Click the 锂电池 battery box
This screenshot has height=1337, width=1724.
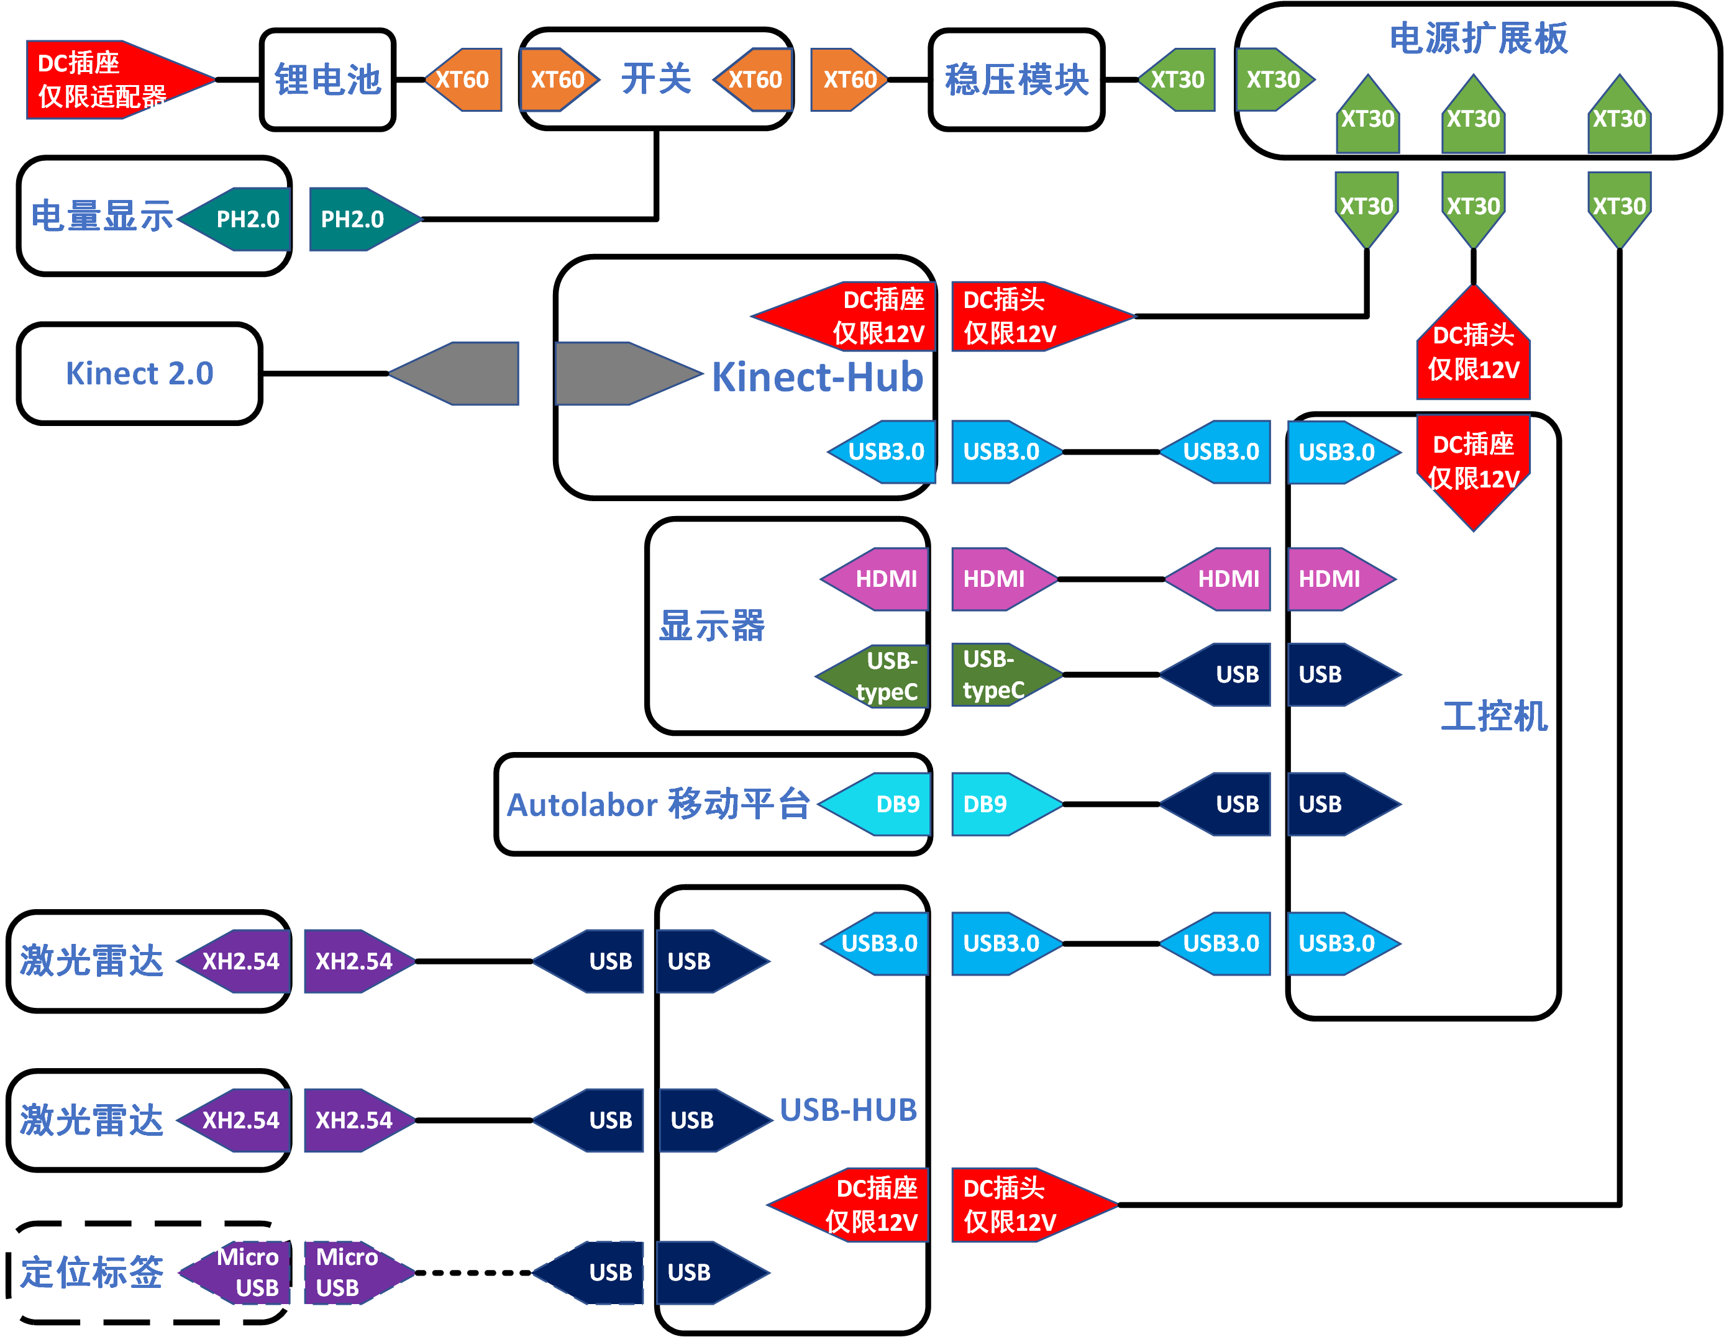[x=327, y=79]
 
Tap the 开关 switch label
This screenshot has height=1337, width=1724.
[x=656, y=79]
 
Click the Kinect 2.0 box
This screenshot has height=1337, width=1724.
[x=140, y=373]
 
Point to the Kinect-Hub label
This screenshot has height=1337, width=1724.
[x=817, y=378]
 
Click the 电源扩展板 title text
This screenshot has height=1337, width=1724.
[x=1478, y=38]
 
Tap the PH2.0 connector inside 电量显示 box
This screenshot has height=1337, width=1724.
[x=241, y=219]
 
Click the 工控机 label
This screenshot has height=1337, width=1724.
[x=1494, y=716]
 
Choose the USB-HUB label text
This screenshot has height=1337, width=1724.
[x=848, y=1110]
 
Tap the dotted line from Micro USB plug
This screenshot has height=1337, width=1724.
[x=473, y=1272]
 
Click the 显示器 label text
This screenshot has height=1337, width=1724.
[x=711, y=626]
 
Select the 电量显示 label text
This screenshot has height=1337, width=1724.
[x=102, y=215]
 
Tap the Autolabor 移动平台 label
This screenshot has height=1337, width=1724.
[x=659, y=804]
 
